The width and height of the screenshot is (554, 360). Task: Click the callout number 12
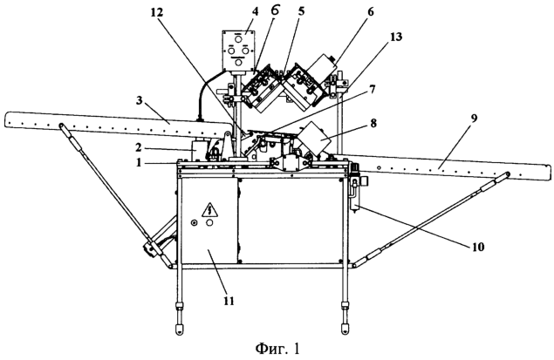coord(157,12)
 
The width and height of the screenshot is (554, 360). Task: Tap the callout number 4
coord(255,11)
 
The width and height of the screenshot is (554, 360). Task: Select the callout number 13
coord(396,37)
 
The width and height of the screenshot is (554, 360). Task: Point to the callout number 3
coord(139,100)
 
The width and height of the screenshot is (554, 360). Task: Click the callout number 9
coord(474,118)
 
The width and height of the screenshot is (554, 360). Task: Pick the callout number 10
coord(477,247)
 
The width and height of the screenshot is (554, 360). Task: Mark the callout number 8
coord(373,123)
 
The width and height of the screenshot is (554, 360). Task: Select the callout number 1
coord(140,163)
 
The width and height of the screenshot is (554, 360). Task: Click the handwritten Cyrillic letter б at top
coord(275,10)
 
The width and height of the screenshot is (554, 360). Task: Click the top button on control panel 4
coord(239,38)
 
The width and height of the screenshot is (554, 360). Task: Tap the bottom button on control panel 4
coord(239,63)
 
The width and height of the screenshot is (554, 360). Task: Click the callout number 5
coord(301,11)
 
